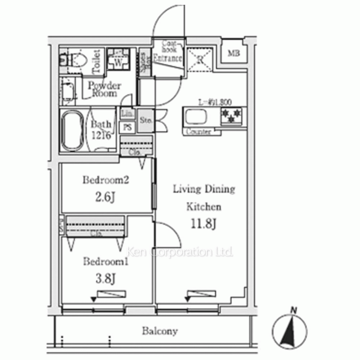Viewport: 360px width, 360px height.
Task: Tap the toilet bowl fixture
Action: pyautogui.click(x=76, y=60)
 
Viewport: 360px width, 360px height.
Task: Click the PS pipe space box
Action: pyautogui.click(x=127, y=126)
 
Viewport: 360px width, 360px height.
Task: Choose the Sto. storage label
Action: pyautogui.click(x=145, y=120)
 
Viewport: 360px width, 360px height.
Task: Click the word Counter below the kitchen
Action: pyautogui.click(x=199, y=132)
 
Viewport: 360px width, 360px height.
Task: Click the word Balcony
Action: pyautogui.click(x=159, y=331)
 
